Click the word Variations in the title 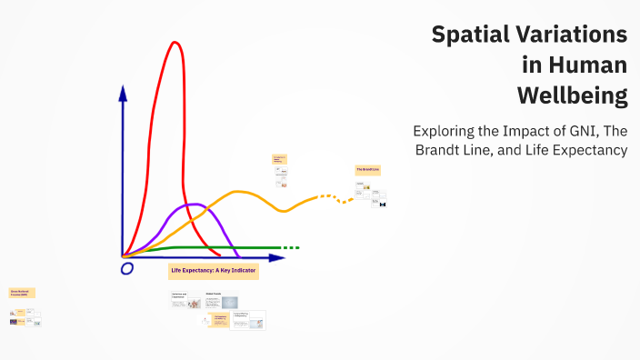[573, 35]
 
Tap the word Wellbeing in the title [572, 95]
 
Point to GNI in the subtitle [578, 130]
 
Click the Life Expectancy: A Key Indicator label [214, 271]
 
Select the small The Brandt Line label [367, 170]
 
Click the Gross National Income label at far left [21, 294]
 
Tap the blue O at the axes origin [126, 268]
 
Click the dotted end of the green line [289, 247]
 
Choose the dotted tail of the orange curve [335, 197]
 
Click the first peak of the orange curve [239, 192]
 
